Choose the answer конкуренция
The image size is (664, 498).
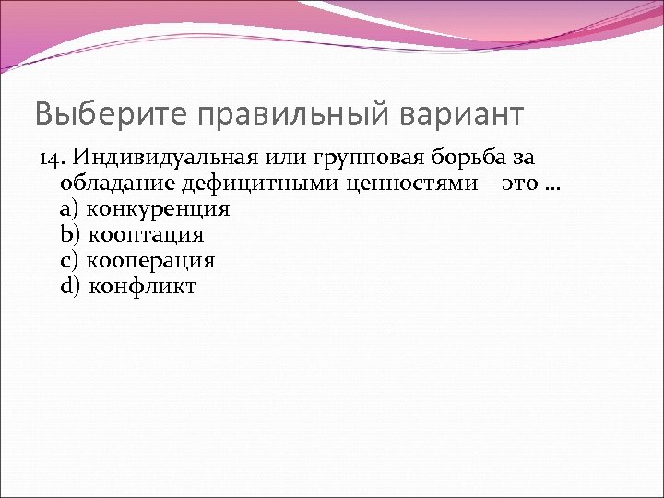(x=158, y=209)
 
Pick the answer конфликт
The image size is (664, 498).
(x=143, y=286)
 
